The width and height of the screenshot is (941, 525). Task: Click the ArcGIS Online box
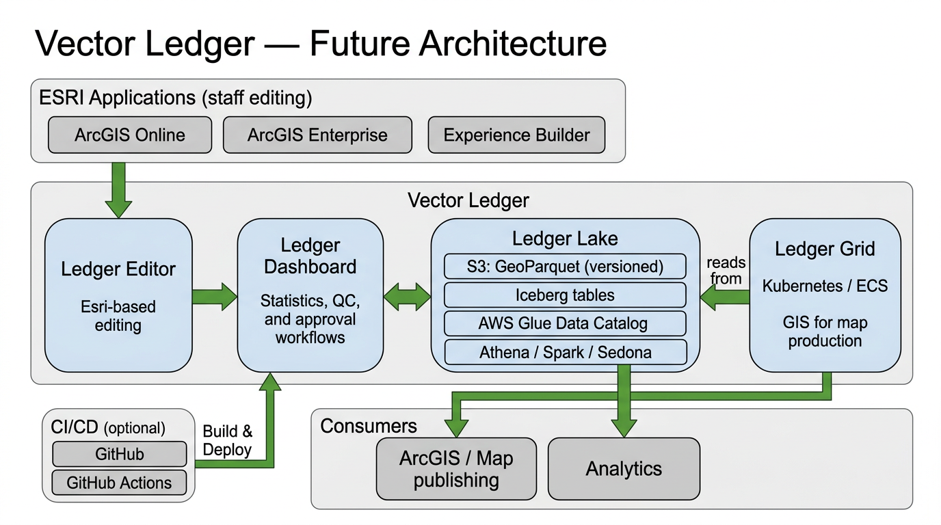pos(130,135)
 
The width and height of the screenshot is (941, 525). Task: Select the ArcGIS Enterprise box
pos(317,135)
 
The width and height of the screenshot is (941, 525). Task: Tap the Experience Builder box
pos(516,135)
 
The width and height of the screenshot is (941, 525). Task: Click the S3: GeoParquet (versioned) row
pos(565,267)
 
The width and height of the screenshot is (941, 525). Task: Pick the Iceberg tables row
pos(565,295)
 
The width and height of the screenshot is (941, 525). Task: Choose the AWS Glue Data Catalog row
pos(565,323)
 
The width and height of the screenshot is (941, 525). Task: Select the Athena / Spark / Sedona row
pos(565,352)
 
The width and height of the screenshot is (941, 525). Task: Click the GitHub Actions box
pos(119,483)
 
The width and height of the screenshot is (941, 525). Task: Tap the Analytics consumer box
pos(624,469)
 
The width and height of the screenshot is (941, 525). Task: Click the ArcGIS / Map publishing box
pos(456,469)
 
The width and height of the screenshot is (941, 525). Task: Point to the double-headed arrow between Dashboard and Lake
pos(407,297)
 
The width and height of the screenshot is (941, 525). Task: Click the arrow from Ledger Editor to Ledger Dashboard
pos(214,297)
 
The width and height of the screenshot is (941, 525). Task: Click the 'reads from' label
pos(726,271)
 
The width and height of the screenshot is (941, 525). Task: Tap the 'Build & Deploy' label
pos(228,441)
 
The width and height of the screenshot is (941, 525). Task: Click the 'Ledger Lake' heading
pos(565,239)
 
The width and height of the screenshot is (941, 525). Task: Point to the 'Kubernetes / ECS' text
pos(825,286)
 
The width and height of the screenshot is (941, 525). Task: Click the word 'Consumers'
pos(369,427)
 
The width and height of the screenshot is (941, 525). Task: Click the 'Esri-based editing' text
pos(118,316)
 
